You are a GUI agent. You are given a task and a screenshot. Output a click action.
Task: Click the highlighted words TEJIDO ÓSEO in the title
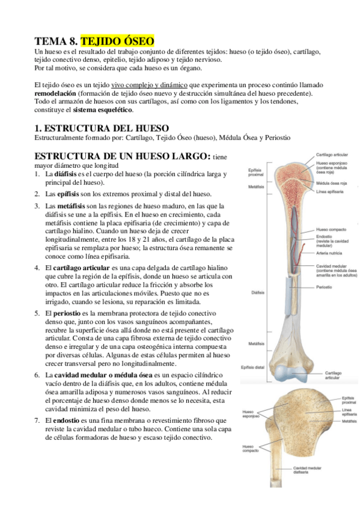click(117, 41)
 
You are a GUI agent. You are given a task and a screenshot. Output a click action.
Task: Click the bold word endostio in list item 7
click(69, 420)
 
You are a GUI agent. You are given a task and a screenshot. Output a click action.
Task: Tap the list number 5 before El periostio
click(37, 313)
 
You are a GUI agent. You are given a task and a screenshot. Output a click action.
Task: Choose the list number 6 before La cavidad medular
click(37, 375)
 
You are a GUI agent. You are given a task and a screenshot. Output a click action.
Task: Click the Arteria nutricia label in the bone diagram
click(329, 253)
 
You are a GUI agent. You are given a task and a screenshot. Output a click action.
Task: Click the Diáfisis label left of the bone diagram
click(255, 293)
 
